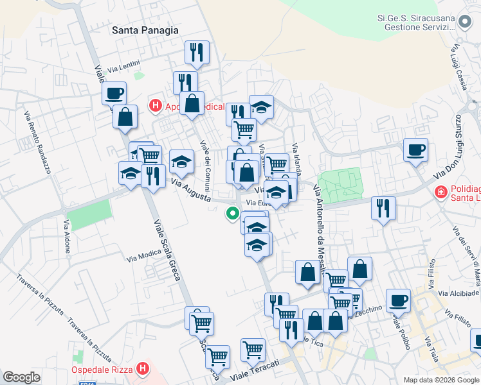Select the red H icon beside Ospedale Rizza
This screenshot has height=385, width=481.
click(x=143, y=370)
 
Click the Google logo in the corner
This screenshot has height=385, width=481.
click(x=21, y=377)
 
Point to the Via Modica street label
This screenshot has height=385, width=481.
click(x=144, y=255)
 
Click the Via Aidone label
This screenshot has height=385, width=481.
click(x=66, y=235)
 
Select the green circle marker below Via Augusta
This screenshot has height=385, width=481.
click(x=231, y=214)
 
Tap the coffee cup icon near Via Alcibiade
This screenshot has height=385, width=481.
click(x=398, y=300)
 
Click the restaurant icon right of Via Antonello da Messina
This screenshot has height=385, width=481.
click(x=383, y=208)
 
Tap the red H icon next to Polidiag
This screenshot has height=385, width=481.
click(x=441, y=191)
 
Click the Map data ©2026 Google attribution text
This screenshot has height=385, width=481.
click(x=440, y=380)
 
